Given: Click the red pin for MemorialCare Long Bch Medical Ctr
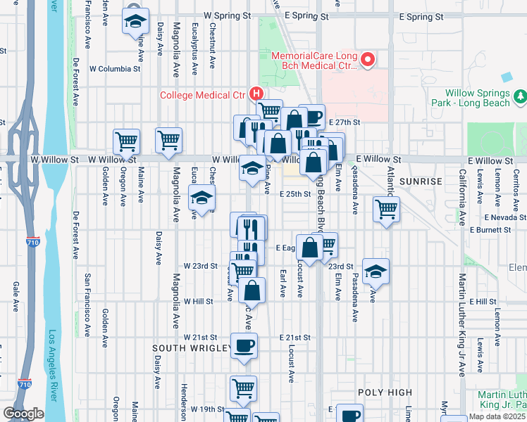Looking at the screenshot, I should (x=366, y=60).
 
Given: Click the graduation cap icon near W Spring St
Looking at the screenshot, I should (x=136, y=21).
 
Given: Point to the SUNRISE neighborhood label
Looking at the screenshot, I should (x=421, y=181).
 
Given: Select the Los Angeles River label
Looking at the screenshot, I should (x=51, y=366).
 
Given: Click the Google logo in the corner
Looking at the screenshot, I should (x=23, y=414).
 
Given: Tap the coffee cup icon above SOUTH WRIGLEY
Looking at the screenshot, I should (x=244, y=346).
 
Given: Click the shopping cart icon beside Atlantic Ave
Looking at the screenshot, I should (x=386, y=209).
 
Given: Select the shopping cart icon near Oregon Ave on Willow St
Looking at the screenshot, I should (x=126, y=141).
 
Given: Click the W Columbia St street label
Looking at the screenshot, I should (x=115, y=69).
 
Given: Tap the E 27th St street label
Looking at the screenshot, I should (x=345, y=122).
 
